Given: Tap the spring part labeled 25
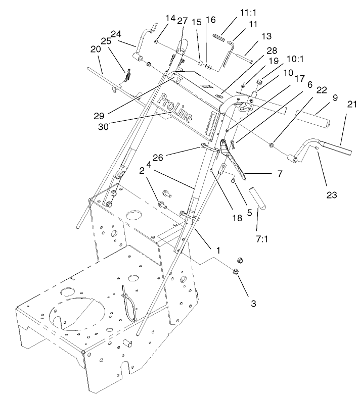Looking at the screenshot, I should point(128,77).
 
